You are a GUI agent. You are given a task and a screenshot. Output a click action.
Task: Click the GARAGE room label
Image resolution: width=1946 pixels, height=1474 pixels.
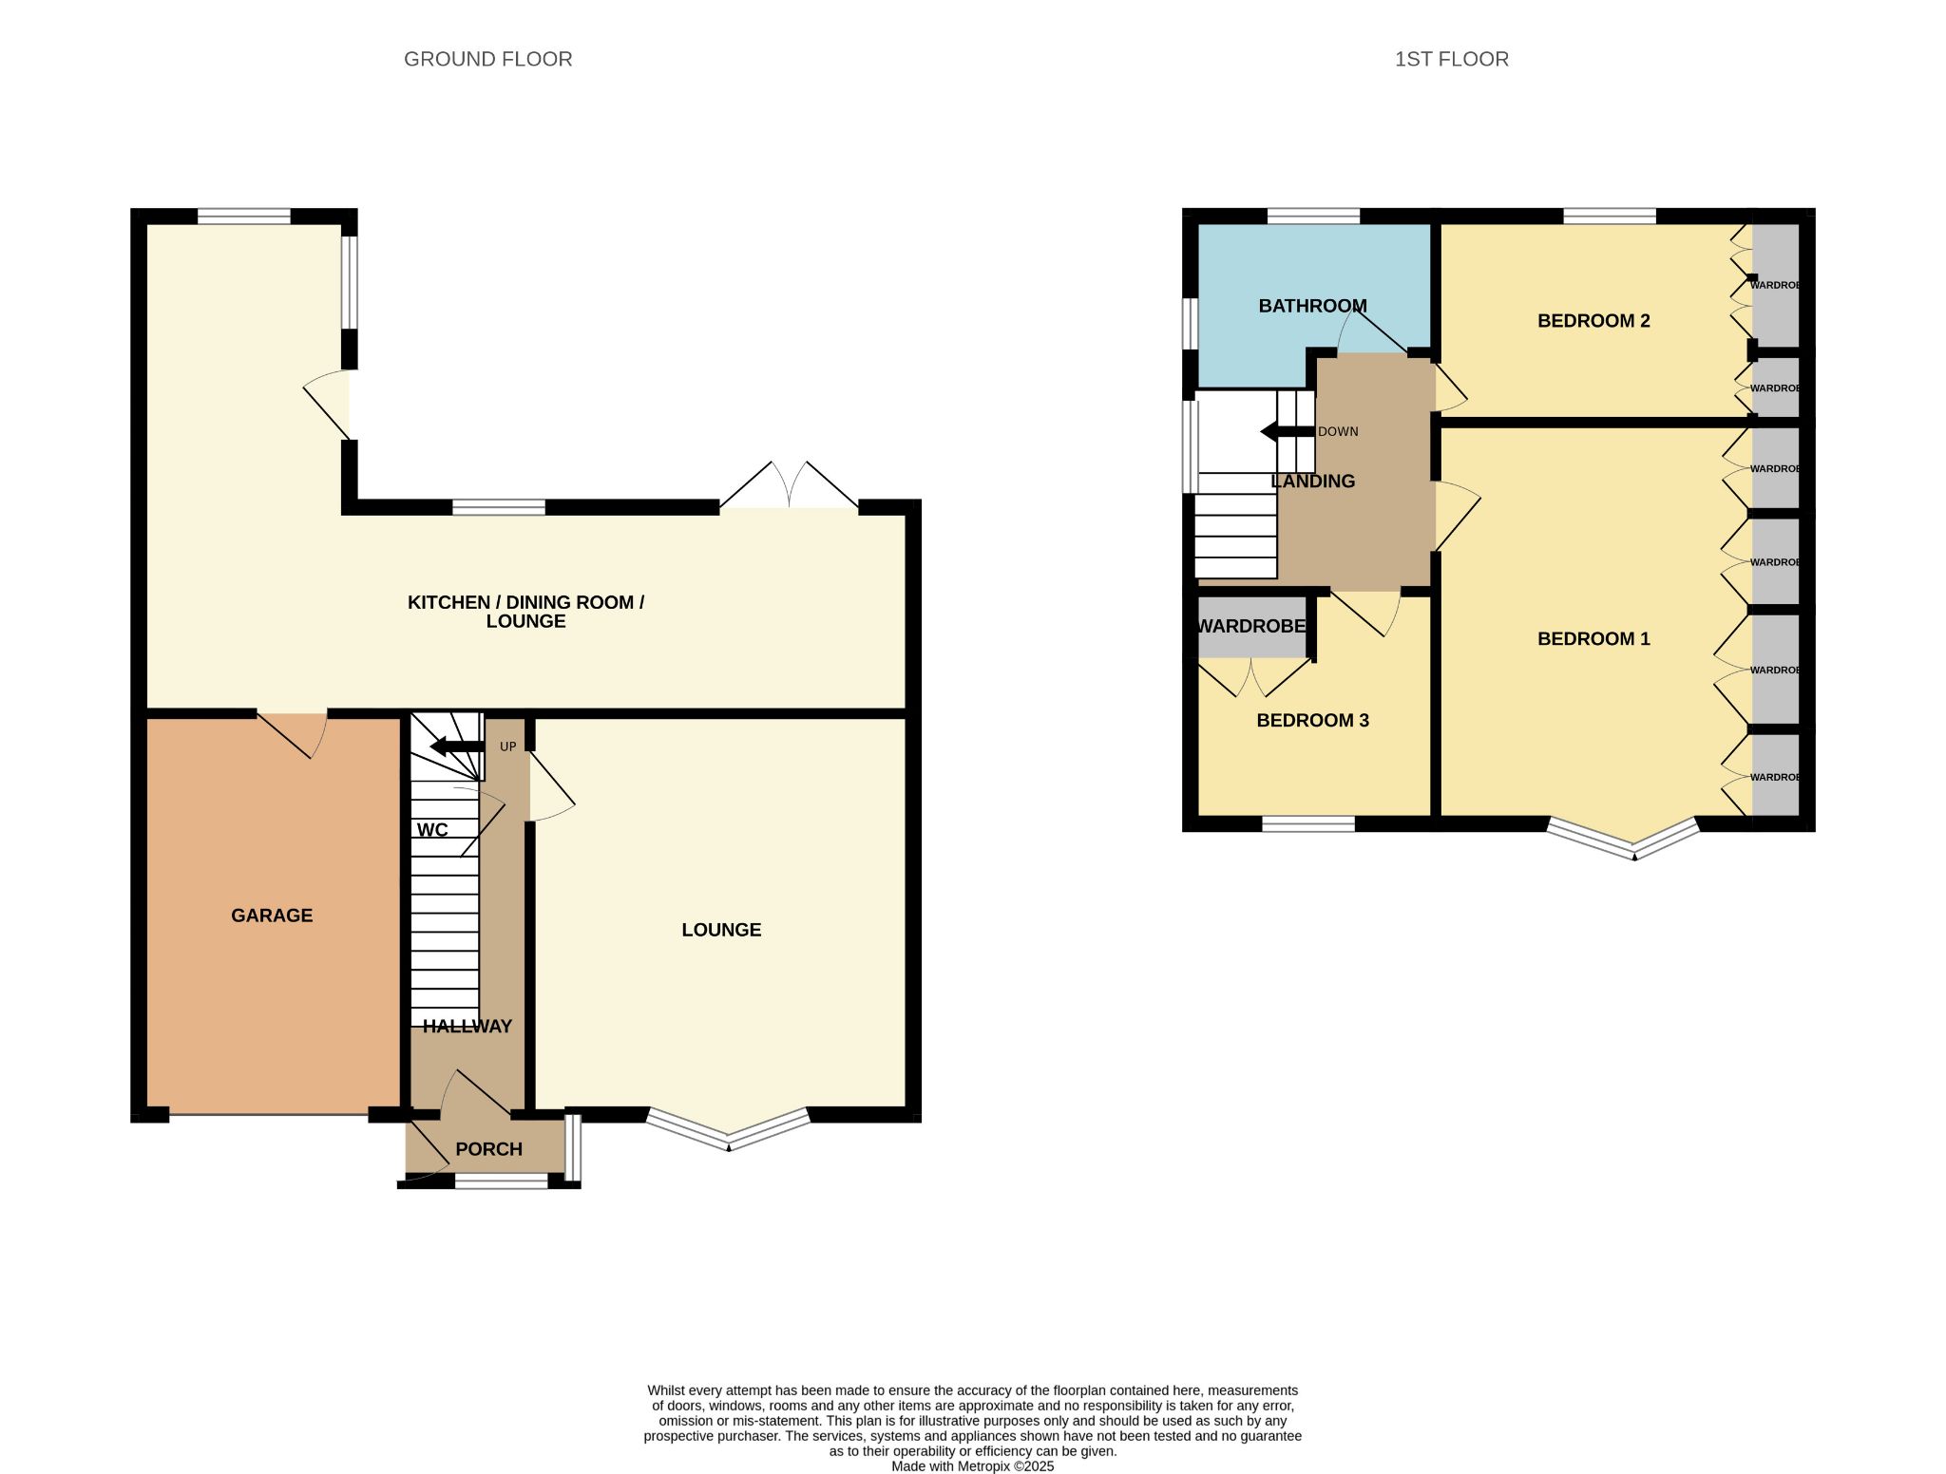click(272, 916)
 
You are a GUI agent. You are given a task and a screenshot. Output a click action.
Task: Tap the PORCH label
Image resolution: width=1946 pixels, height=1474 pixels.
click(488, 1149)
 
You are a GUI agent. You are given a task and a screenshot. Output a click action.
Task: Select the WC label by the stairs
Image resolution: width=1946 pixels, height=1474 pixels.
click(432, 830)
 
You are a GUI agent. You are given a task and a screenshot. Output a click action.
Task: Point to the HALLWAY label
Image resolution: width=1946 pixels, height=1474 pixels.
click(467, 1027)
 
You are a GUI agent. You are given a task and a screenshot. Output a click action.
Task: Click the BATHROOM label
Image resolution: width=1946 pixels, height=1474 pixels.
click(1312, 306)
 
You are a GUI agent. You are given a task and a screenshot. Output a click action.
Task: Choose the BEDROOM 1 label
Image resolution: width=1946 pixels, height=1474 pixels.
click(1593, 639)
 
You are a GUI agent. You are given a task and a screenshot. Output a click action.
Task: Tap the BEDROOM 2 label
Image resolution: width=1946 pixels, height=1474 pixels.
click(1593, 321)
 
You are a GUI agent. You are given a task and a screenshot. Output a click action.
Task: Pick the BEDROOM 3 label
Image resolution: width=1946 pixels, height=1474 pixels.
click(1312, 721)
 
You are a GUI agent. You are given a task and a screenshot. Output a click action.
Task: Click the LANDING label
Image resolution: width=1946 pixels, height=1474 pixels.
click(1312, 482)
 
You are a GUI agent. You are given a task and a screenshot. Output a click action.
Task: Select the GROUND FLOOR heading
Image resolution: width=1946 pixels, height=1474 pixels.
click(488, 59)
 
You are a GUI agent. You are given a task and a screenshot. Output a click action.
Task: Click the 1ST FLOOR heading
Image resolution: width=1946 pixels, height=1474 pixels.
click(1451, 59)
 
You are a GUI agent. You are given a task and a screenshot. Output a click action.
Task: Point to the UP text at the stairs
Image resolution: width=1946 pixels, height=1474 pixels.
click(508, 746)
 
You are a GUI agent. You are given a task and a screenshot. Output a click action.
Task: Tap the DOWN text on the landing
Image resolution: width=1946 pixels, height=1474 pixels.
click(1338, 431)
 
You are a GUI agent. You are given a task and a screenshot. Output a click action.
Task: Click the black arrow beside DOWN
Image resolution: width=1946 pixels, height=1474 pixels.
click(1288, 432)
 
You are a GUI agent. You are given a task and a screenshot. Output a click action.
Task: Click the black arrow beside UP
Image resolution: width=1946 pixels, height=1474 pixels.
click(458, 746)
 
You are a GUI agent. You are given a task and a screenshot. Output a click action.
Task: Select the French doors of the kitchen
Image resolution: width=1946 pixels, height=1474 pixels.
click(790, 485)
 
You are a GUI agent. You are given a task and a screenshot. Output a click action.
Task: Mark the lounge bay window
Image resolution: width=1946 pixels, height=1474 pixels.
click(729, 1130)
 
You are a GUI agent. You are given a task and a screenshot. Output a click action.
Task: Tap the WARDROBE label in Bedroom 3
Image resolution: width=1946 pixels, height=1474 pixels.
click(1250, 627)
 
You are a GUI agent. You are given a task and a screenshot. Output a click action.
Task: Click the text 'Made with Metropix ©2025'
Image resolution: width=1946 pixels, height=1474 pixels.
click(973, 1466)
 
